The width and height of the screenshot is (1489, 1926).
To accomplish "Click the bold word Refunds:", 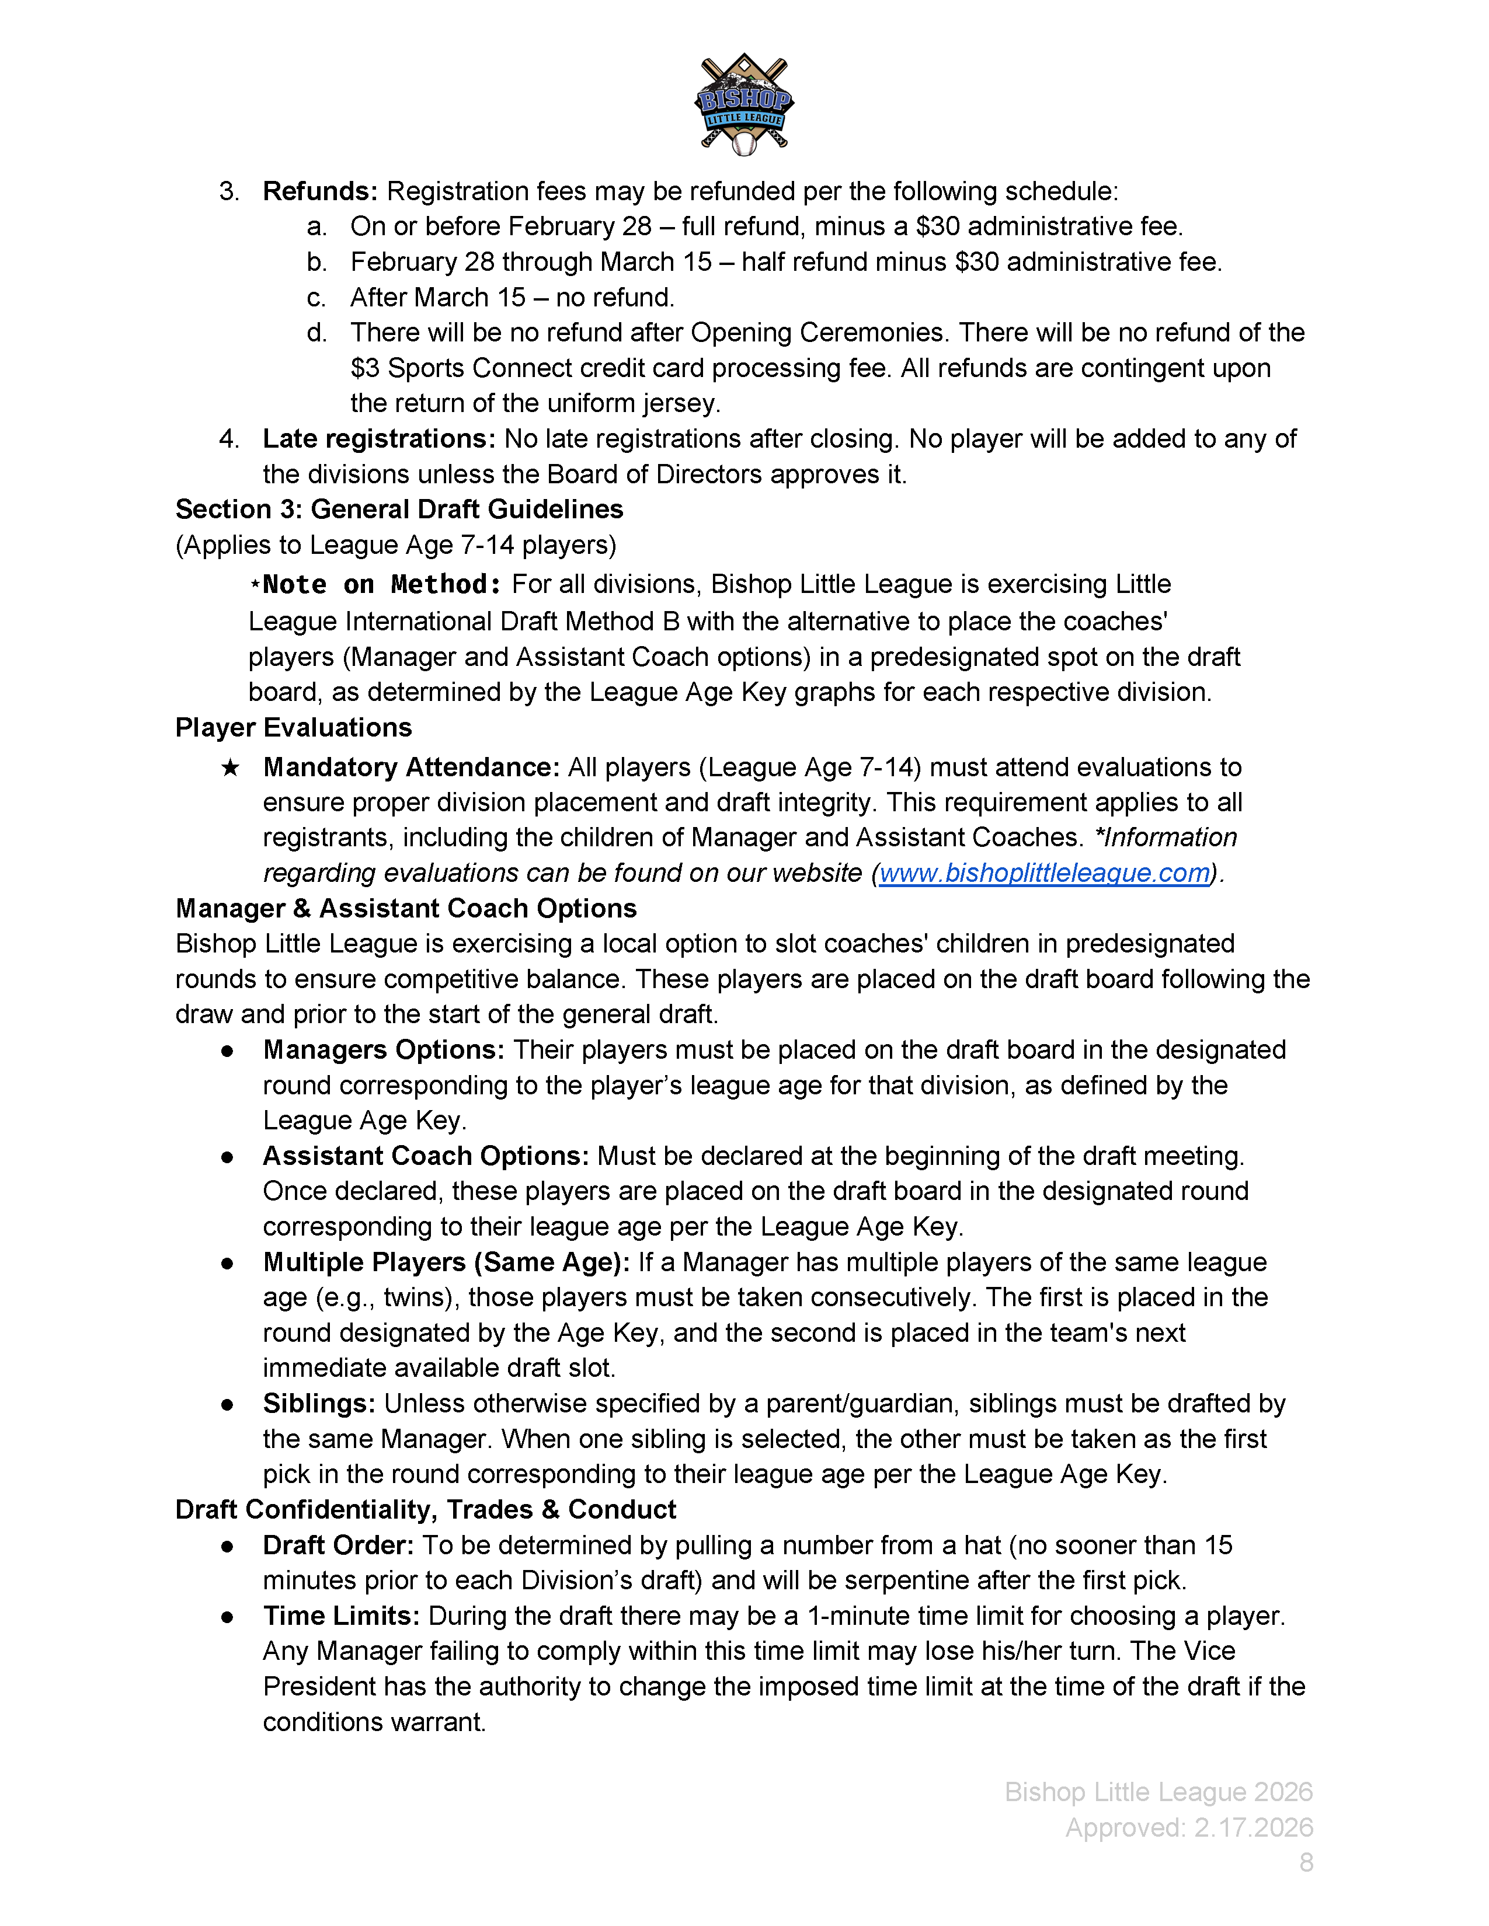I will [x=320, y=191].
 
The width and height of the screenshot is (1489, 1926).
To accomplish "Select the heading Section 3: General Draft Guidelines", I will [x=399, y=510].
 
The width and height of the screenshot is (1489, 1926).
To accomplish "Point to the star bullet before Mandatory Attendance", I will [x=229, y=768].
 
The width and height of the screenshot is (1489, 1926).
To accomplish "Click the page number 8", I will [x=1306, y=1862].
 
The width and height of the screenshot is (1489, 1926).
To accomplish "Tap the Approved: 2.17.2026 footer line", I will [x=1188, y=1827].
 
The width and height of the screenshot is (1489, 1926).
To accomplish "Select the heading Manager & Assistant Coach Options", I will [x=406, y=908].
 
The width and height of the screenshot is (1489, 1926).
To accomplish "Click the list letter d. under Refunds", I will [x=316, y=333].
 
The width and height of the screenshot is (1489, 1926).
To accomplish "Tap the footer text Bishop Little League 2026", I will [x=1159, y=1792].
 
